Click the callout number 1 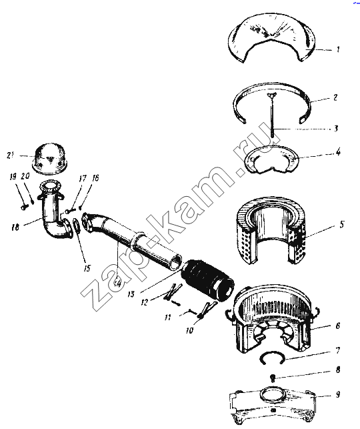click(338, 49)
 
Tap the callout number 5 click(342, 224)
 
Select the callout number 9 click(337, 394)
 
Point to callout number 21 click(10, 155)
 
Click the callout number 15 click(87, 268)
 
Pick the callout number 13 click(131, 294)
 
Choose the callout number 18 click(15, 227)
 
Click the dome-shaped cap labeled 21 click(50, 159)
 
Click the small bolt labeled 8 click(272, 378)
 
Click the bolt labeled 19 click(24, 207)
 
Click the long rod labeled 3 click(273, 115)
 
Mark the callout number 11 click(168, 318)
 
